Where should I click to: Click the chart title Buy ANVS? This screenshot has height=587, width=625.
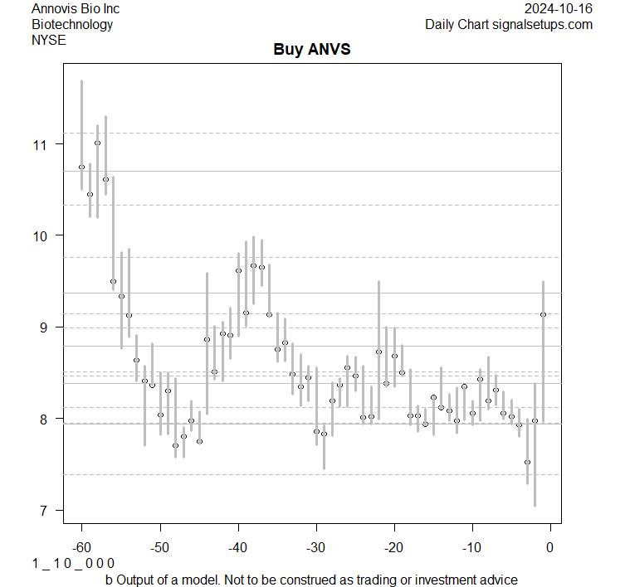tap(312, 50)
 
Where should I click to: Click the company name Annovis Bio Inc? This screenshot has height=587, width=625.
tap(76, 9)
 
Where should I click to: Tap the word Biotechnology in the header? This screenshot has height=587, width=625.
tap(72, 24)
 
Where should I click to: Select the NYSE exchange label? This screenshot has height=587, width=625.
tap(49, 39)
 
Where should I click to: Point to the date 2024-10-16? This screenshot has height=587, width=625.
tap(559, 9)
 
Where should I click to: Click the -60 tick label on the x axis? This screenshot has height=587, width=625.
tap(81, 546)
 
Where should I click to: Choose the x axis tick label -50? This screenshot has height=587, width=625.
tap(159, 546)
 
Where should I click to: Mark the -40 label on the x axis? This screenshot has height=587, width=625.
tap(237, 546)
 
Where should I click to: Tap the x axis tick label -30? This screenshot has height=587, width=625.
tap(315, 546)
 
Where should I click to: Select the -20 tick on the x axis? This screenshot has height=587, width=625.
tap(393, 546)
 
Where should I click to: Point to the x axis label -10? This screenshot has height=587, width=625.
tap(471, 546)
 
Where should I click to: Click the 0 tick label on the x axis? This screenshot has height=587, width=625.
tap(550, 546)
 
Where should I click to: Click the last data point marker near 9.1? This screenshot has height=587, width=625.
tap(543, 314)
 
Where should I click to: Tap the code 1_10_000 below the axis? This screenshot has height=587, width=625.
tap(73, 564)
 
